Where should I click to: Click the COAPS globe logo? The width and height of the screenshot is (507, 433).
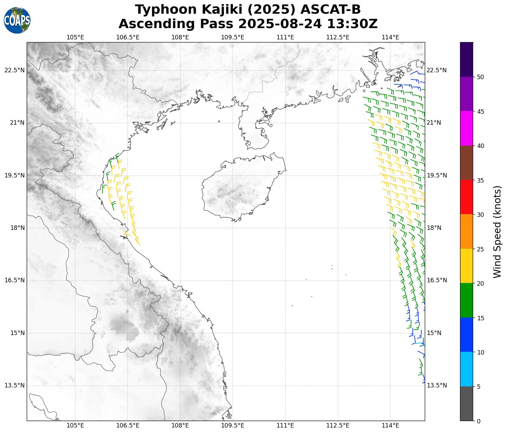tap(17, 21)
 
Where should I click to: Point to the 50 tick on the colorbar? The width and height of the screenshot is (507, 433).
tap(480, 77)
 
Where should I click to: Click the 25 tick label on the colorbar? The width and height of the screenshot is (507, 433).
tap(480, 249)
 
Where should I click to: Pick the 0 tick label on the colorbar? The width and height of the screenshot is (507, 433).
tap(479, 421)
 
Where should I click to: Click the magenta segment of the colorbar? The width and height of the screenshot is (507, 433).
tap(466, 128)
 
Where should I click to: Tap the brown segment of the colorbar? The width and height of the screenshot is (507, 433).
tap(466, 163)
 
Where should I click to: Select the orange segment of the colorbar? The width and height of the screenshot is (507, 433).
tap(466, 232)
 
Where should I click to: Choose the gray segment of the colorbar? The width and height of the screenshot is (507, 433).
tap(466, 404)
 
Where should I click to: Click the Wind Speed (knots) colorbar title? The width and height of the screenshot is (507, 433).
tap(497, 232)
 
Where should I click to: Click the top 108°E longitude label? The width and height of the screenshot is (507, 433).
tap(180, 37)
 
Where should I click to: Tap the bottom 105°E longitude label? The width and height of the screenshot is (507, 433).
tap(75, 425)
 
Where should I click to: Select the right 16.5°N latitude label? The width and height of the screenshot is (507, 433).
tap(436, 280)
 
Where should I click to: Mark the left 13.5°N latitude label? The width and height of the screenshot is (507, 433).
tap(15, 385)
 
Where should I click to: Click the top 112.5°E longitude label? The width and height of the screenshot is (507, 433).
tap(338, 37)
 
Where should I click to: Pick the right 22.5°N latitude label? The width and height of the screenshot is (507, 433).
tap(436, 70)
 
